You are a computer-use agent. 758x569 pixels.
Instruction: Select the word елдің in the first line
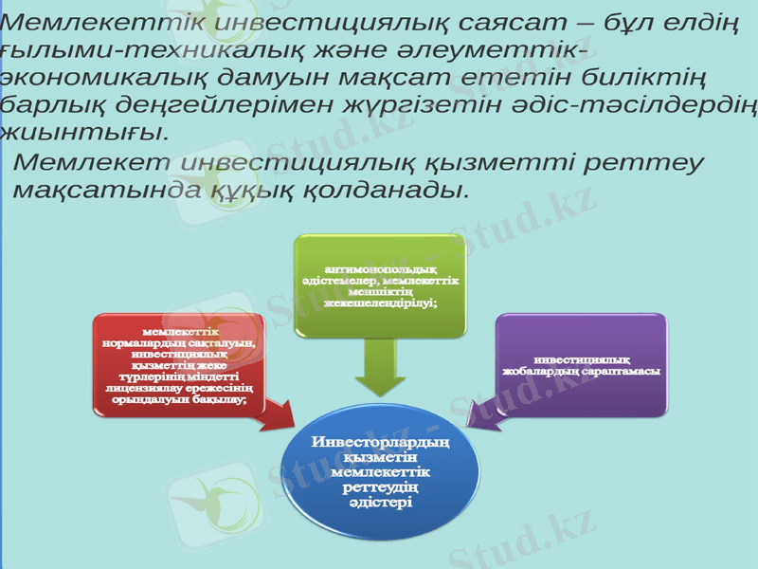pyautogui.click(x=694, y=21)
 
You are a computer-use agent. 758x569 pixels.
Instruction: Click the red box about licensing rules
pyautogui.click(x=179, y=366)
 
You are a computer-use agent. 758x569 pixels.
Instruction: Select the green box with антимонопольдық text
pyautogui.click(x=379, y=284)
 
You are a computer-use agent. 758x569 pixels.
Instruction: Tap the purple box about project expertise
pyautogui.click(x=582, y=364)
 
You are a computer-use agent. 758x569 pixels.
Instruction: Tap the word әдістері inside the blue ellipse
pyautogui.click(x=379, y=504)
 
